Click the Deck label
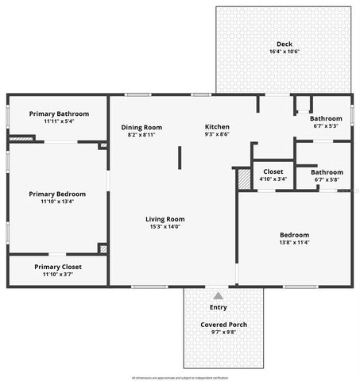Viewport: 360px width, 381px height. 284,44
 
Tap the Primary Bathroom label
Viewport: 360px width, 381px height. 59,114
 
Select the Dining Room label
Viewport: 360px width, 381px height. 141,127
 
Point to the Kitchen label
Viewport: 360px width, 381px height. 217,127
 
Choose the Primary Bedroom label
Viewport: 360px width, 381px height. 57,194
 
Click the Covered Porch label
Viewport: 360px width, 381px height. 223,325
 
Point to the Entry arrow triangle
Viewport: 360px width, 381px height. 218,296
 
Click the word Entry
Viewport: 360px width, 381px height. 218,307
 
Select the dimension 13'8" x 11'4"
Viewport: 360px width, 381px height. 294,243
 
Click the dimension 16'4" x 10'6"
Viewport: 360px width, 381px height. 284,52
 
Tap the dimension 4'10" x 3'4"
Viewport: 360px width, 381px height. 273,179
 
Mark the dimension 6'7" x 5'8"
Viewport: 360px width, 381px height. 327,180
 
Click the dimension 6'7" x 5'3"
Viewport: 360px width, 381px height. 327,125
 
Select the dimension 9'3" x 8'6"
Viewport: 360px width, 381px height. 217,135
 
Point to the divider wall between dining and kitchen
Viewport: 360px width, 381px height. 179,156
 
